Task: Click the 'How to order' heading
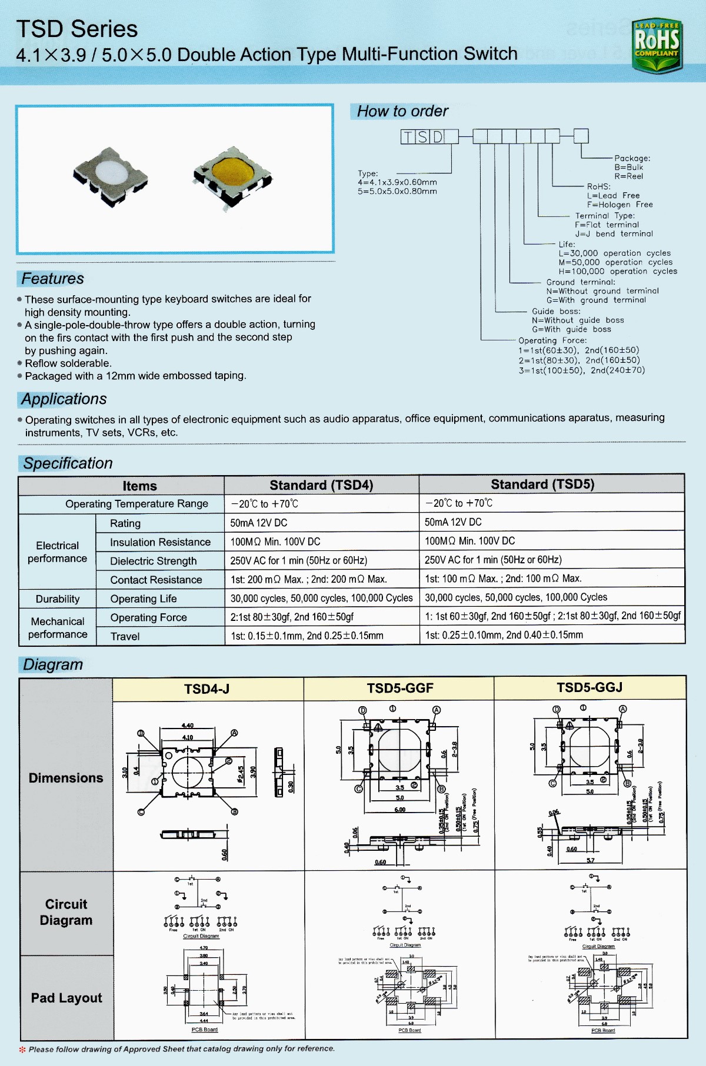[x=402, y=111]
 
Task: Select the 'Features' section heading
[x=52, y=279]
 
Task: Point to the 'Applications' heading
[x=64, y=399]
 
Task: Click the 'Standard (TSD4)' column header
[x=321, y=485]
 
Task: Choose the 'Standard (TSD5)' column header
[x=542, y=484]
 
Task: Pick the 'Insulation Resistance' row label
[x=160, y=542]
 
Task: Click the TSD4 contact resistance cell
[x=309, y=579]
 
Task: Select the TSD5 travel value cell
[x=504, y=635]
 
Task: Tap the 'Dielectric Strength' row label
[x=154, y=561]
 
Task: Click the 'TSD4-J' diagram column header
[x=207, y=689]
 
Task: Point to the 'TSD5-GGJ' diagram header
[x=590, y=687]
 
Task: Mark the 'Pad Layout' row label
[x=66, y=998]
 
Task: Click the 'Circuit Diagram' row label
[x=66, y=912]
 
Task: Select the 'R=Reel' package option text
[x=629, y=176]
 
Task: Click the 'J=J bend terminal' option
[x=614, y=234]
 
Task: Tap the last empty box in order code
[x=581, y=136]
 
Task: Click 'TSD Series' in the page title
[x=77, y=29]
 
